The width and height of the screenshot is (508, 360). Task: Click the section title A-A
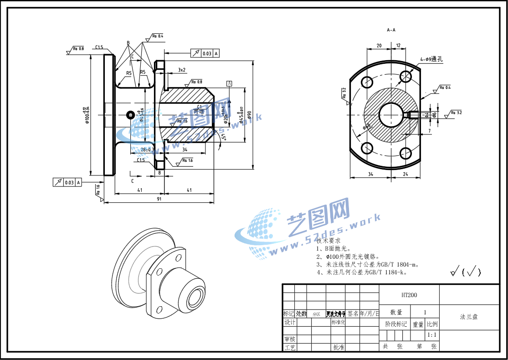pos(391,30)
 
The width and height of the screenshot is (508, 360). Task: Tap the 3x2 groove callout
pos(181,70)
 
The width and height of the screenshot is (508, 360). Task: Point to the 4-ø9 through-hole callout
pos(431,59)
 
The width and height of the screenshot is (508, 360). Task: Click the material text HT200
pos(409,295)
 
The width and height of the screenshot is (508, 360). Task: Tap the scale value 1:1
pos(432,335)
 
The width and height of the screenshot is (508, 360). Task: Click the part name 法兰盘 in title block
pos(469,317)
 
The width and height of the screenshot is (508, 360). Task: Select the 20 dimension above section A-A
pos(379,46)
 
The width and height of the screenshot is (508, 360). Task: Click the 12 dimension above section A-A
pos(398,46)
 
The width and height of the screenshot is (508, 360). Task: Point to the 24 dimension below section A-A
pos(405,174)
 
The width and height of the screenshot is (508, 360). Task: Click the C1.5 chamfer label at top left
pos(99,47)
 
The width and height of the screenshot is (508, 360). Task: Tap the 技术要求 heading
pos(328,240)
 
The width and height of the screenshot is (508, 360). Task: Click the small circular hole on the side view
pos(130,113)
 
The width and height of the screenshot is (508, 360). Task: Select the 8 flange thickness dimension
pos(159,173)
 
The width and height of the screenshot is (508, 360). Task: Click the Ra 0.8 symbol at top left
pos(78,48)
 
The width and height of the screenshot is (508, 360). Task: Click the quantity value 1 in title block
pos(425,312)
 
